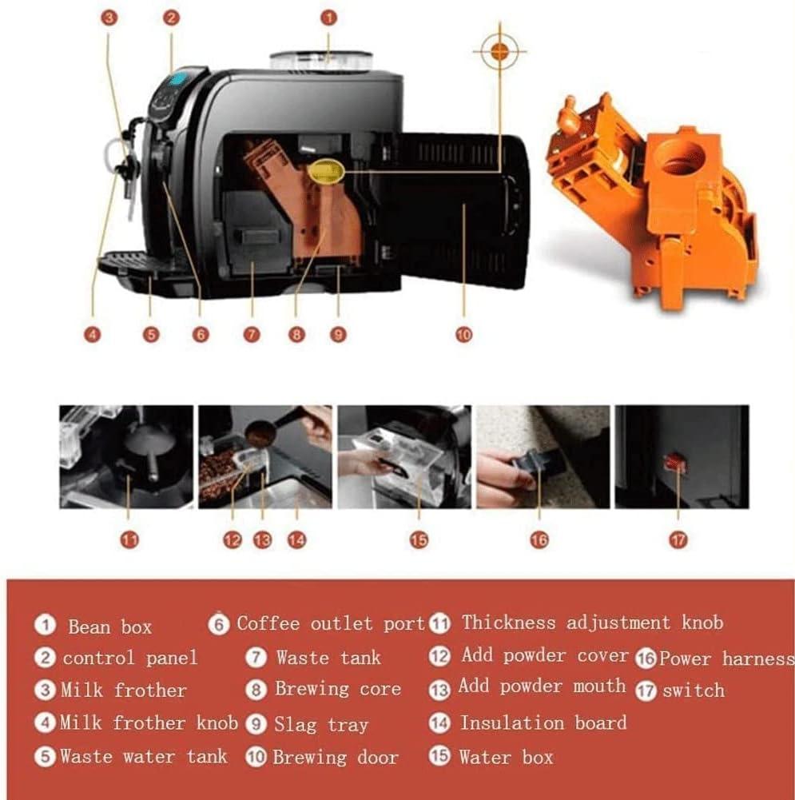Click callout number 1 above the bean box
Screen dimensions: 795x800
329,18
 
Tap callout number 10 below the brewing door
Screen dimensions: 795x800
463,335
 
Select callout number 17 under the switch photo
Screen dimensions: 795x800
678,539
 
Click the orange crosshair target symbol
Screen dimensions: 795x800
499,50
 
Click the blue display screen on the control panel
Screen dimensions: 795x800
178,80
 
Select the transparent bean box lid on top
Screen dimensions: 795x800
321,60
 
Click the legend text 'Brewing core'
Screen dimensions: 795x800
338,689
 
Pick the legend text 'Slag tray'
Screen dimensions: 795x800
320,725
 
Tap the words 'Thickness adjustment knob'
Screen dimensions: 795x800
592,623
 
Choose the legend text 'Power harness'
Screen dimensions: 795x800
726,659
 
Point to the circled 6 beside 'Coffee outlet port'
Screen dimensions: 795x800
218,624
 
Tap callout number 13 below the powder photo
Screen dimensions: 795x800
263,539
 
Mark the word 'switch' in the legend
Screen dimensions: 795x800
694,691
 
